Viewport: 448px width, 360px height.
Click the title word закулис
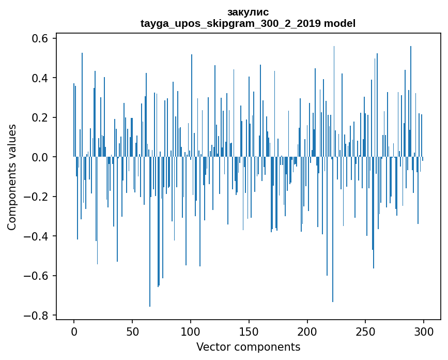click(x=248, y=12)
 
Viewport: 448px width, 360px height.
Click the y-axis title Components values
click(x=12, y=177)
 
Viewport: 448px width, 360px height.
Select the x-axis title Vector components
click(x=248, y=347)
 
